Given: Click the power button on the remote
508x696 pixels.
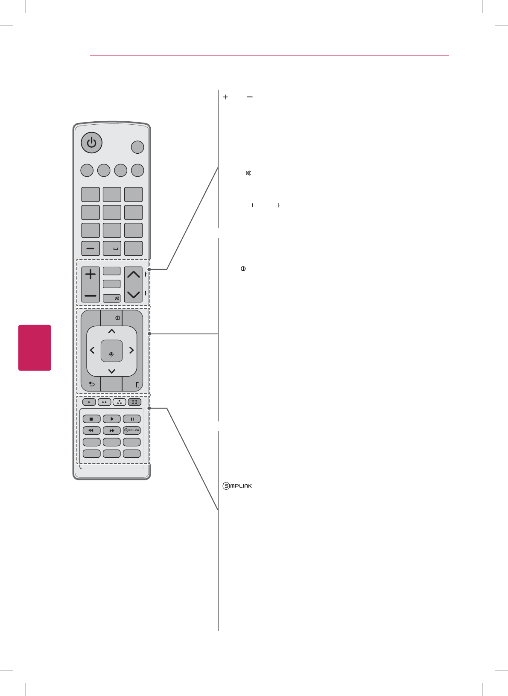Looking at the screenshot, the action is point(92,143).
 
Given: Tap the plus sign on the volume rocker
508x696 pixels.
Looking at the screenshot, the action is point(91,275).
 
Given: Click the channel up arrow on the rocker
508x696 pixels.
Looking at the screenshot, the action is point(134,274).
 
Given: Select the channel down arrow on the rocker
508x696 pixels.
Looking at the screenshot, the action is point(134,294).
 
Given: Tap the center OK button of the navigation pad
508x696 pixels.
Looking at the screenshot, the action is point(111,351).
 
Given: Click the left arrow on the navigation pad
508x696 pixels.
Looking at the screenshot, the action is point(92,351).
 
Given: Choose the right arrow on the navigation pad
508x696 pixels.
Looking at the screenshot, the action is point(131,351).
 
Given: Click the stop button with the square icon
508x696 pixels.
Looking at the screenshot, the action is point(91,419).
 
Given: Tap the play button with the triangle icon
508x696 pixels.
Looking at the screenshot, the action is point(112,419).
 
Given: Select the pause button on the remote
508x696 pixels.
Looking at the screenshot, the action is point(132,419).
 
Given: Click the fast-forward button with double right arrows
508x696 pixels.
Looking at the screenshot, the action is point(112,431).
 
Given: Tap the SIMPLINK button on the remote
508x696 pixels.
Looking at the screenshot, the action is point(132,430).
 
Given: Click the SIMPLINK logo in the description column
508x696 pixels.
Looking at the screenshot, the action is point(237,486).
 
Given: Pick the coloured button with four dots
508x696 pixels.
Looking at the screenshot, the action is point(134,402).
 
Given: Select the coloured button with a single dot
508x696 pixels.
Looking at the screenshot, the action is point(89,402).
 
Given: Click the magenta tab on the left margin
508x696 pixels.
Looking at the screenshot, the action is point(35,348).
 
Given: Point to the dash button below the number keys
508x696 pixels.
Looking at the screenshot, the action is point(91,249).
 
